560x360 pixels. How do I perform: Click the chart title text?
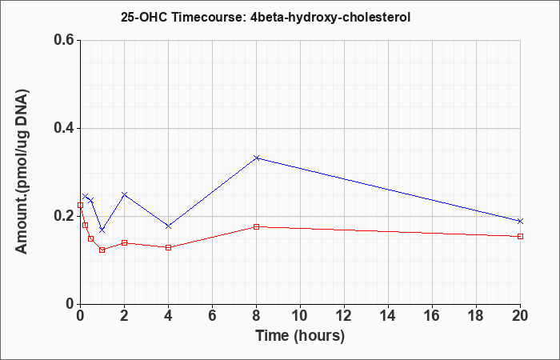pyautogui.click(x=266, y=17)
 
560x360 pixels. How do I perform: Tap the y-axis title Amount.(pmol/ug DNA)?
pyautogui.click(x=22, y=171)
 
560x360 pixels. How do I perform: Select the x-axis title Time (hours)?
pyautogui.click(x=300, y=336)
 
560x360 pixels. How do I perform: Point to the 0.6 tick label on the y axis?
pyautogui.click(x=64, y=40)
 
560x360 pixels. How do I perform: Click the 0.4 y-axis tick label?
pyautogui.click(x=64, y=128)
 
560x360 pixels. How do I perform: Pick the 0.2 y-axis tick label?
pyautogui.click(x=64, y=216)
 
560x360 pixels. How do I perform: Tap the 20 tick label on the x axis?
pyautogui.click(x=520, y=316)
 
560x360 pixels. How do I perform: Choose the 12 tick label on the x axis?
pyautogui.click(x=344, y=316)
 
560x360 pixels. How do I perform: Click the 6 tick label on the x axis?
pyautogui.click(x=212, y=316)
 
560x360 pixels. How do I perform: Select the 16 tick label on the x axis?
pyautogui.click(x=432, y=316)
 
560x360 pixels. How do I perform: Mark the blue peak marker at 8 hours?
pyautogui.click(x=257, y=158)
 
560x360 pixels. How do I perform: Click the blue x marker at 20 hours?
pyautogui.click(x=520, y=221)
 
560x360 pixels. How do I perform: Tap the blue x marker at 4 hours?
pyautogui.click(x=169, y=226)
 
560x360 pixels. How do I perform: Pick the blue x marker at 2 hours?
pyautogui.click(x=124, y=194)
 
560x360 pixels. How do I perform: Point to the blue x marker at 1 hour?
pyautogui.click(x=102, y=230)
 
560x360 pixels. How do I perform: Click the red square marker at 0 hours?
pyautogui.click(x=80, y=206)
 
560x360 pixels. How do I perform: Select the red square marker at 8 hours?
pyautogui.click(x=257, y=226)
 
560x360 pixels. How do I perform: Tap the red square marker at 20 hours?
pyautogui.click(x=520, y=237)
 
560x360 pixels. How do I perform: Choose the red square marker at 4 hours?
pyautogui.click(x=169, y=247)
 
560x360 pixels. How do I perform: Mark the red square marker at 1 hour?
pyautogui.click(x=102, y=250)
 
